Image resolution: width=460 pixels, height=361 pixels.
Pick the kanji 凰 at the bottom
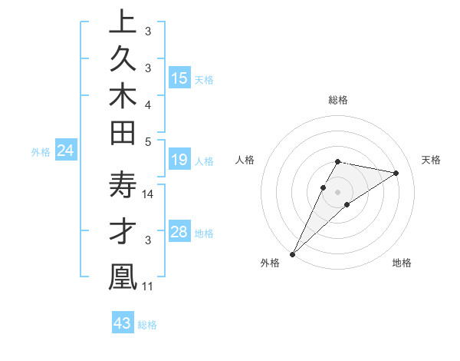[x=123, y=279]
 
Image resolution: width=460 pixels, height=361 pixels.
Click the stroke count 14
[x=149, y=194]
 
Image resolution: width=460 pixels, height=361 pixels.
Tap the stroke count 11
[x=149, y=286]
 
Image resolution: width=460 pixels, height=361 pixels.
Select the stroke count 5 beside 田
[x=148, y=141]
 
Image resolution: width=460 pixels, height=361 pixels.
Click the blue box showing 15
[x=179, y=78]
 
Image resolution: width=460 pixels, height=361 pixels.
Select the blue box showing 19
[x=179, y=160]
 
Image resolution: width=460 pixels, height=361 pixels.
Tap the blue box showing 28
[x=179, y=232]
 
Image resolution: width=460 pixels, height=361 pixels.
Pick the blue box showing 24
[x=66, y=151]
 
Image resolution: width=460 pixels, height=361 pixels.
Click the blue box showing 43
[x=122, y=323]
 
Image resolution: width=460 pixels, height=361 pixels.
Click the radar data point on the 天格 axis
[x=396, y=173]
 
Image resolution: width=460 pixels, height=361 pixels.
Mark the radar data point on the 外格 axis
[x=292, y=253]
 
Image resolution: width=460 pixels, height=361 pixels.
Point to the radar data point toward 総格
[x=337, y=161]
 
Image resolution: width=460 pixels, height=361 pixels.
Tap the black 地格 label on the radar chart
[x=402, y=263]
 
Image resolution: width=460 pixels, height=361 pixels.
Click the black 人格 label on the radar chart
[x=245, y=160]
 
